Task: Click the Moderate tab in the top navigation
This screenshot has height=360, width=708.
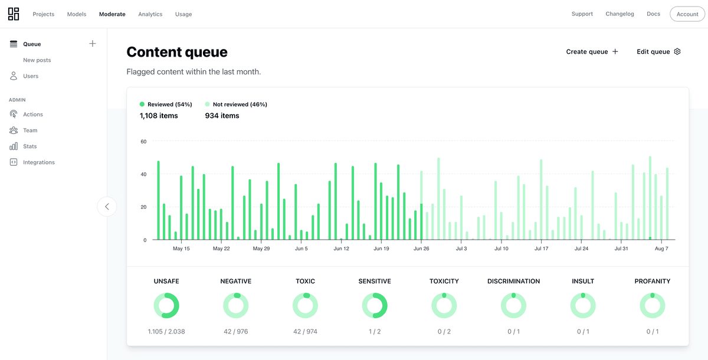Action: pos(112,14)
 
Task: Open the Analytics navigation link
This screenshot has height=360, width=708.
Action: pos(150,14)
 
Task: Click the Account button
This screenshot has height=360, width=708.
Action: pos(687,14)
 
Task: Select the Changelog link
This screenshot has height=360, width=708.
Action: pos(619,14)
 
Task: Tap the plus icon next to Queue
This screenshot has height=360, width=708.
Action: pos(93,44)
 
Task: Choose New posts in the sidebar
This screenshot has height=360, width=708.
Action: pos(37,60)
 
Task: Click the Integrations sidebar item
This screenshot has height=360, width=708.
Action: pos(38,162)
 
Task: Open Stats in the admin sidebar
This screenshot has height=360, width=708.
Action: pos(29,146)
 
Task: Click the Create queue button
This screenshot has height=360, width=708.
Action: pos(592,52)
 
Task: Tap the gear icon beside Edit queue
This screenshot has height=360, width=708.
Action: pos(677,52)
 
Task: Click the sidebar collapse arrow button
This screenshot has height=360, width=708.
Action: pos(107,207)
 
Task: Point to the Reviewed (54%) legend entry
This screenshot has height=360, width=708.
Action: pos(166,104)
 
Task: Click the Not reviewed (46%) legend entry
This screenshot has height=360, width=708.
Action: pos(235,104)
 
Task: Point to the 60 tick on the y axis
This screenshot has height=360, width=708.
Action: pos(143,142)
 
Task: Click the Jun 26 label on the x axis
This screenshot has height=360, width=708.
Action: pos(421,249)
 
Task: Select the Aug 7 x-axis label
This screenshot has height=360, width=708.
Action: pos(661,249)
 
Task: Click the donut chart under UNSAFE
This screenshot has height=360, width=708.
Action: pos(166,306)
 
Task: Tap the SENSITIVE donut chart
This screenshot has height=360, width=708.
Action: pos(375,306)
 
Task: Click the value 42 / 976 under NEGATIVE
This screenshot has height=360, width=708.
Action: pos(235,332)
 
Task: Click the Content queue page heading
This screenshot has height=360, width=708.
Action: pos(177,52)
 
